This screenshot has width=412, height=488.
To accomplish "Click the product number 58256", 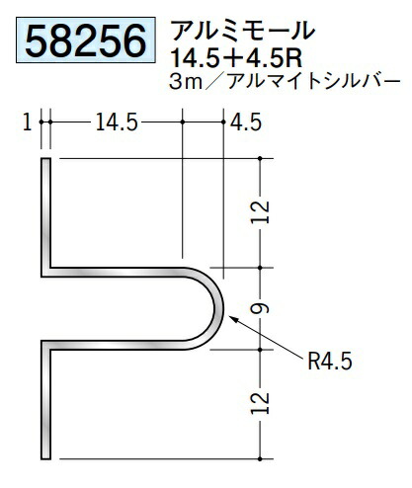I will pos(83,41).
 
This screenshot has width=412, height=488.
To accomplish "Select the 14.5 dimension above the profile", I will pos(117,123).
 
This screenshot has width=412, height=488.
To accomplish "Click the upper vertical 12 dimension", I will pos(259,211).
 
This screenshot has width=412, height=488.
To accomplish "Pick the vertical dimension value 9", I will pos(259,308).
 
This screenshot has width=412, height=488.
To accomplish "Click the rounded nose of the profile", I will pos(218,306).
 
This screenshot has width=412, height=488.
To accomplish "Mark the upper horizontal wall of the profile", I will pos(119,269).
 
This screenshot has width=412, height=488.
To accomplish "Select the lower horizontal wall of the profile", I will pos(119,345).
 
